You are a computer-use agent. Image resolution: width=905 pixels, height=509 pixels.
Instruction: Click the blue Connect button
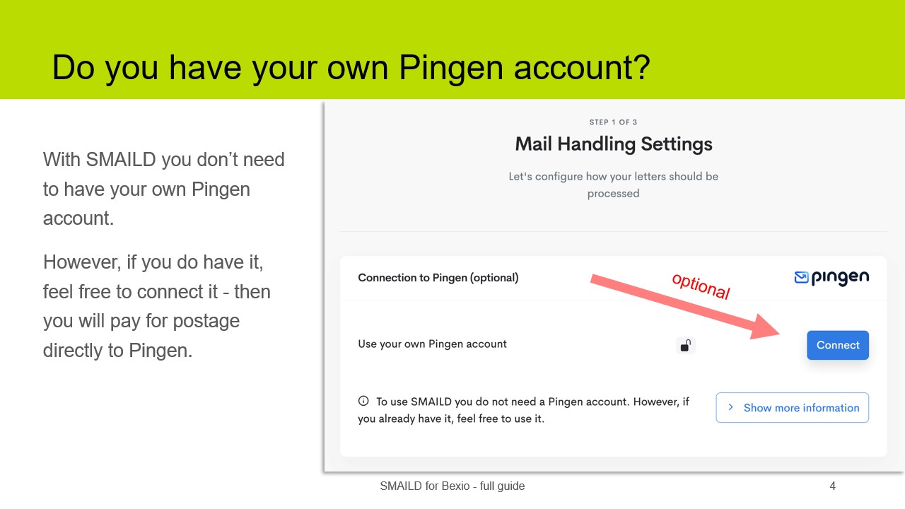(x=838, y=345)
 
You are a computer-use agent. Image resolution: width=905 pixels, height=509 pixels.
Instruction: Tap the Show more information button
(x=792, y=408)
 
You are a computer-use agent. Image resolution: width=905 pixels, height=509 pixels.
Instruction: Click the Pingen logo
(x=831, y=278)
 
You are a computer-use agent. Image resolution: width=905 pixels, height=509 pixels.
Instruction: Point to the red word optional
(x=700, y=286)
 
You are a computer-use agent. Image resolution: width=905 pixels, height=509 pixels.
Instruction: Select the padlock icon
(x=685, y=346)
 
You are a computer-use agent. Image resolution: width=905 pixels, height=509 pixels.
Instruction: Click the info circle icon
(x=363, y=401)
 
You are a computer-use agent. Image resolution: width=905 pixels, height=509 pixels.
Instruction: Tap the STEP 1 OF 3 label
(x=613, y=122)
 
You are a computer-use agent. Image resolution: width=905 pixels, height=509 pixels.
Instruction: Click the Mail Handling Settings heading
(x=613, y=144)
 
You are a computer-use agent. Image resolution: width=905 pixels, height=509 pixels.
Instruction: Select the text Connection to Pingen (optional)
(x=438, y=278)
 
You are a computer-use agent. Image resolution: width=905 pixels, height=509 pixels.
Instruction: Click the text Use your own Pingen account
(x=432, y=344)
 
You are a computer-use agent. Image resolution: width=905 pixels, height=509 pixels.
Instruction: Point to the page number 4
(x=832, y=486)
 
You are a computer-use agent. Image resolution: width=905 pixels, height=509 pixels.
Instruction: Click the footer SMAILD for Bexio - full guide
(x=452, y=486)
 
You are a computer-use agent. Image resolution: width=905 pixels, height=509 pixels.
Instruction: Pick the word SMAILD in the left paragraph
(x=120, y=160)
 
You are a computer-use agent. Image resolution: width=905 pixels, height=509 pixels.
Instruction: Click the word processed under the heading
(x=613, y=194)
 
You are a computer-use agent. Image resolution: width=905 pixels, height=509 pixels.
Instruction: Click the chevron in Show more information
(x=731, y=408)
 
